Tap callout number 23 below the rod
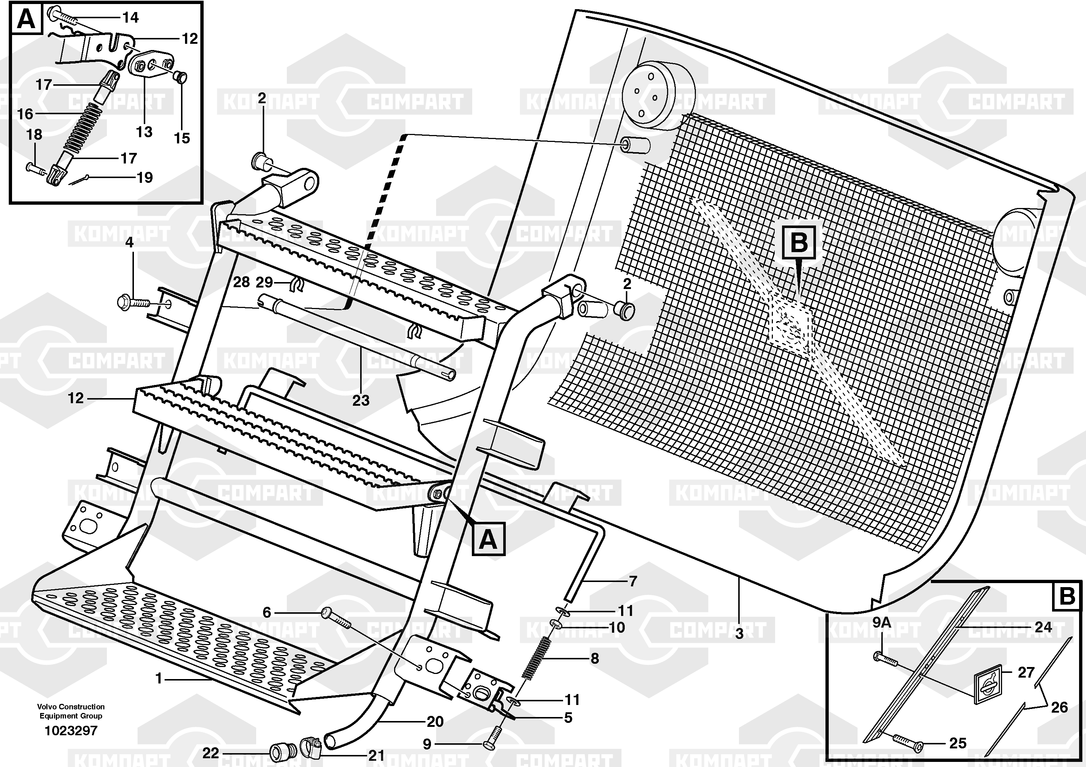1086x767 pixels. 361,401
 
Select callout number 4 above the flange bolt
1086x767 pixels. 129,243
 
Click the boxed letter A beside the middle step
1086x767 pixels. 489,539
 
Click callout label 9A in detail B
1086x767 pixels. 882,623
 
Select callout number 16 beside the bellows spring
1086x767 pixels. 25,114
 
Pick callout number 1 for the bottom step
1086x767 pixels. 159,679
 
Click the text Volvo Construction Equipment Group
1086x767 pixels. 71,711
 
